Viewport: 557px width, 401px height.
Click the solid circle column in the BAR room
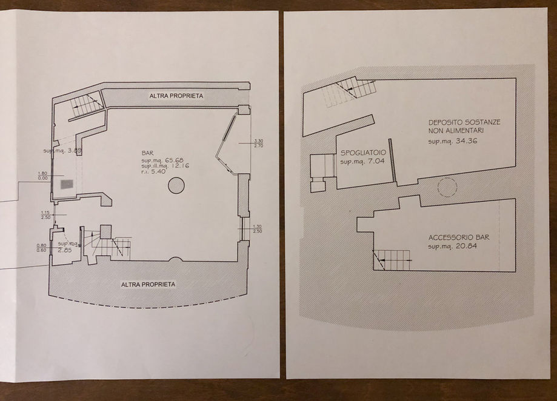175,186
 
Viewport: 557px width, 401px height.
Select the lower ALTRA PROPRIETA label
148,284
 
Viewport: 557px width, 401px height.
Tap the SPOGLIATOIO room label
362,154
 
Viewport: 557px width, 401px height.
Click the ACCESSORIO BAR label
458,238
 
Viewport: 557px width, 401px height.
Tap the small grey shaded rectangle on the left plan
65,184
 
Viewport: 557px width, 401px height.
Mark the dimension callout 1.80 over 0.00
42,175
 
